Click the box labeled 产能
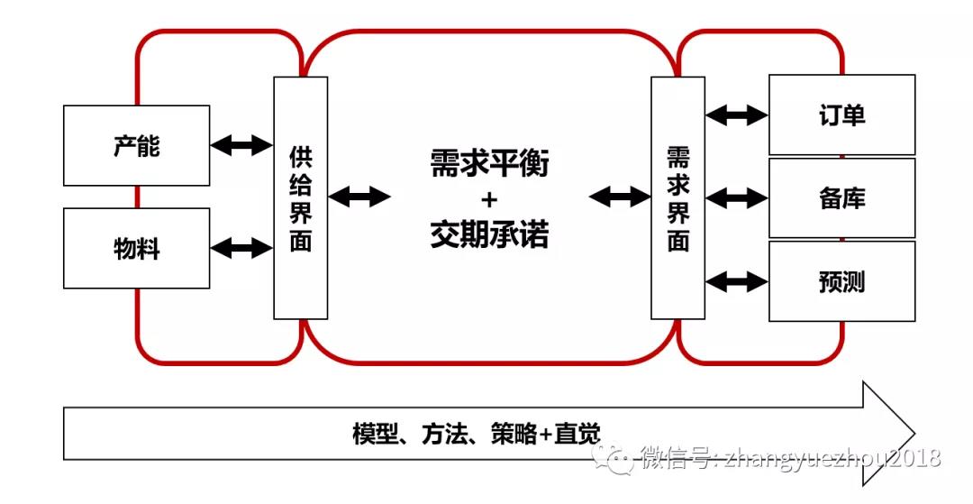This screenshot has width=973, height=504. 136,145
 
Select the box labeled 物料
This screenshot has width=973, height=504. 136,248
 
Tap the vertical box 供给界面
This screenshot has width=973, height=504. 300,197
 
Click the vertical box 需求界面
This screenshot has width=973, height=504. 677,197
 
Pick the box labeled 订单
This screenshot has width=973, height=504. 841,115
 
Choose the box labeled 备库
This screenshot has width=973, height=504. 841,197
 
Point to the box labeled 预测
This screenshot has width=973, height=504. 841,280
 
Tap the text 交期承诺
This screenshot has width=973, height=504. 489,235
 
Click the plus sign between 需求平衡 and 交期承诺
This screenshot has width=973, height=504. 489,200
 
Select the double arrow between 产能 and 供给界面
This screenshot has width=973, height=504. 241,144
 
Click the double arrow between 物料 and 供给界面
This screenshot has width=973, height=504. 241,247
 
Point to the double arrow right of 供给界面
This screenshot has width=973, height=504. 359,196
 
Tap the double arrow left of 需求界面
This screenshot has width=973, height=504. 619,196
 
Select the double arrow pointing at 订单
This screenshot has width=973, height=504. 737,115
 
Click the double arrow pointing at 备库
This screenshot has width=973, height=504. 737,197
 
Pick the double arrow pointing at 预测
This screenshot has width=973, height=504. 737,281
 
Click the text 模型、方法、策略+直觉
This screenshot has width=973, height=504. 476,434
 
